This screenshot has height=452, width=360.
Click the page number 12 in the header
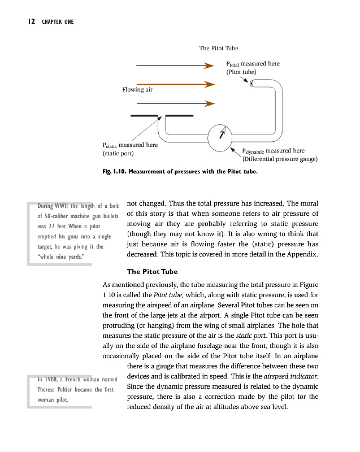31,22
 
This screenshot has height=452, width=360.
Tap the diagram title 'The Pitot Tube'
219,49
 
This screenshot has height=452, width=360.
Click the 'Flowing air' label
137,89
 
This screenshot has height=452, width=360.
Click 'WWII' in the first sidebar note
63,206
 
